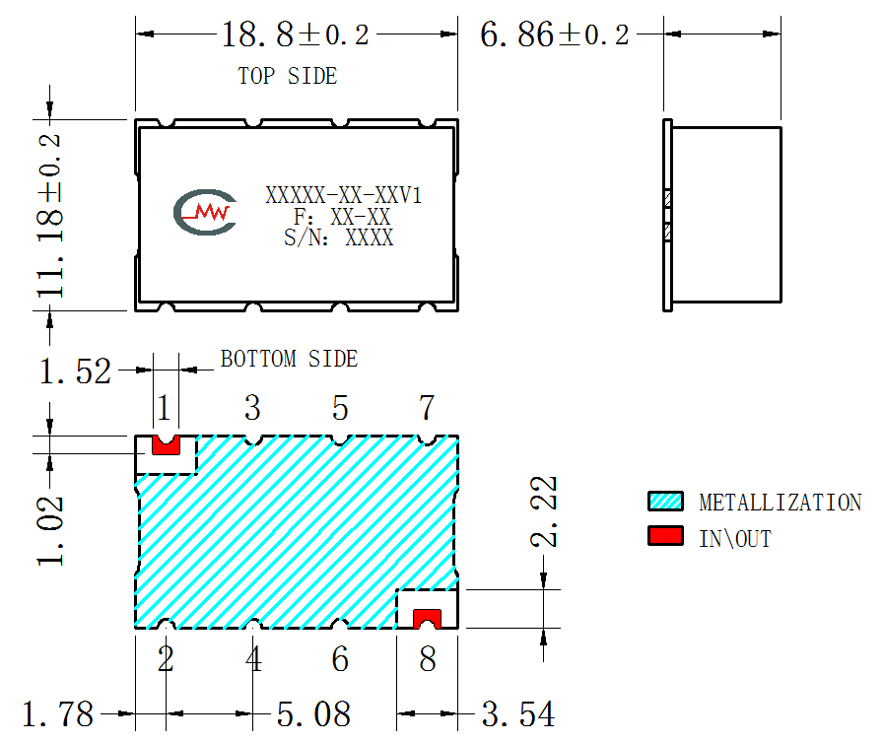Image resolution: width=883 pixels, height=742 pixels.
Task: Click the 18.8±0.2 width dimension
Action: point(296,34)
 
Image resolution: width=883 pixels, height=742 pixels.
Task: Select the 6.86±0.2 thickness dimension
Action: point(554,34)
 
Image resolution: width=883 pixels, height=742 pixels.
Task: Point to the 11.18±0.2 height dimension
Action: point(50,216)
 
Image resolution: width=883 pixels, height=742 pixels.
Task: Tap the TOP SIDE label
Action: point(287,76)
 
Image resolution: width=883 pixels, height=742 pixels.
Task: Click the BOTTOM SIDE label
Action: point(289,360)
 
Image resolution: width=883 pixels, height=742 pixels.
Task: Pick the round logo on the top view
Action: point(205,212)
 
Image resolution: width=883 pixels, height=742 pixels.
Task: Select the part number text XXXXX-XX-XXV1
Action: point(344,196)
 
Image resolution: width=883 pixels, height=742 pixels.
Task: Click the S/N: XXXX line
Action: point(338,237)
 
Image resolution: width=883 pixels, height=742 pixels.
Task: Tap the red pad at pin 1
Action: point(167,446)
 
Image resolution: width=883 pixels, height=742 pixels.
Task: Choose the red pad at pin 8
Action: point(428,619)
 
